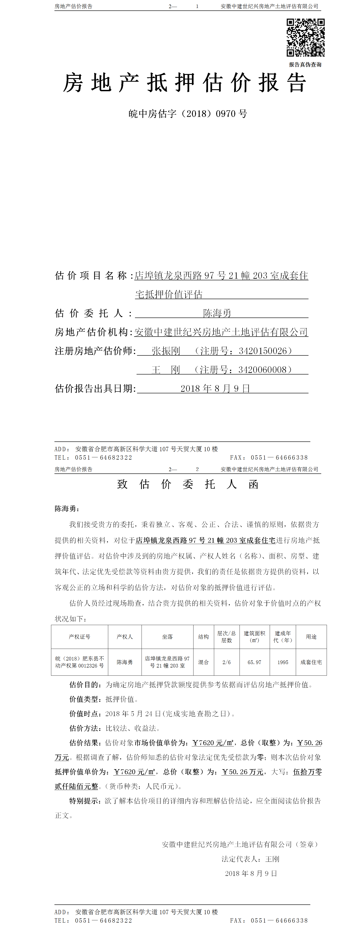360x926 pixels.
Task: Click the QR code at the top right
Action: point(305,37)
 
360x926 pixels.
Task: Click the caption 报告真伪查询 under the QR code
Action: point(305,65)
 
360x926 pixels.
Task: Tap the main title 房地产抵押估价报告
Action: point(185,83)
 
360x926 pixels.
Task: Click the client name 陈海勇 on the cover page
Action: point(217,313)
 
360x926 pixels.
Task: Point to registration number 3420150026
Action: point(263,351)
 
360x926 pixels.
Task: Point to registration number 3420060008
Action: point(263,369)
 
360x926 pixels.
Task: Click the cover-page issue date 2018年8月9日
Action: point(215,389)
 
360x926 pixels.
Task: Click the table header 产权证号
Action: point(79,637)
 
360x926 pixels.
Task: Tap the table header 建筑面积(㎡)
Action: point(254,637)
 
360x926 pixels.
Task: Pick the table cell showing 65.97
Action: point(254,662)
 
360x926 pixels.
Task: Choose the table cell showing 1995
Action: point(283,662)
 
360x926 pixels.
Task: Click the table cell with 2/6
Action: point(226,662)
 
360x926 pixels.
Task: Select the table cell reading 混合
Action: point(203,662)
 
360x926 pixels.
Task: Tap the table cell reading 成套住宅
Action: point(311,662)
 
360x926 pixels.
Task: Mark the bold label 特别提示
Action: point(84,801)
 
